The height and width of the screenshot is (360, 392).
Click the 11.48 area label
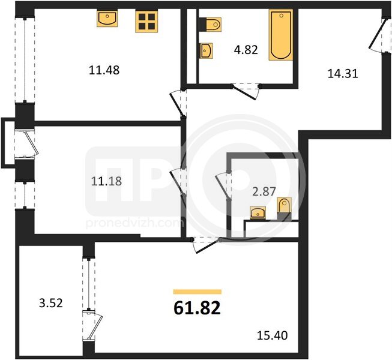pyautogui.click(x=104, y=70)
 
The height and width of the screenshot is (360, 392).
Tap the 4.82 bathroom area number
pyautogui.click(x=246, y=50)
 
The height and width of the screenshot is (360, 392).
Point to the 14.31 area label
pyautogui.click(x=343, y=74)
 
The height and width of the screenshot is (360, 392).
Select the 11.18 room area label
pyautogui.click(x=106, y=181)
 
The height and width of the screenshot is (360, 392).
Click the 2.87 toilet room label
pyautogui.click(x=264, y=191)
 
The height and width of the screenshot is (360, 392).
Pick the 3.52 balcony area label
pyautogui.click(x=51, y=303)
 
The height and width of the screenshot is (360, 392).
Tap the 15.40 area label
pyautogui.click(x=273, y=335)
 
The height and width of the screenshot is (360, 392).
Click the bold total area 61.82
pyautogui.click(x=197, y=308)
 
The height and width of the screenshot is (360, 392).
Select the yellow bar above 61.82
pyautogui.click(x=198, y=292)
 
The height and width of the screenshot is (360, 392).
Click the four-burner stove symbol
pyautogui.click(x=146, y=21)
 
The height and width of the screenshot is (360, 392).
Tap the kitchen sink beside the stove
pyautogui.click(x=107, y=18)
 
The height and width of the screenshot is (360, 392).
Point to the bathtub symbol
pyautogui.click(x=281, y=35)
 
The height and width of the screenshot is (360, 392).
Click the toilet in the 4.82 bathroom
pyautogui.click(x=211, y=25)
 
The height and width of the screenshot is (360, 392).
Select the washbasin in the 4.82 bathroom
pyautogui.click(x=206, y=51)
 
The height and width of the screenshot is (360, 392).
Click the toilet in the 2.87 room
pyautogui.click(x=285, y=209)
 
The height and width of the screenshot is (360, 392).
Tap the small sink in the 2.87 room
pyautogui.click(x=258, y=212)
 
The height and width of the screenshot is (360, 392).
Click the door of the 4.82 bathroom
pyautogui.click(x=246, y=92)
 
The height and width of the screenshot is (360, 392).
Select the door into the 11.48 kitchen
pyautogui.click(x=178, y=104)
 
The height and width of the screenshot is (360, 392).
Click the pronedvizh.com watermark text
pyautogui.click(x=135, y=224)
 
